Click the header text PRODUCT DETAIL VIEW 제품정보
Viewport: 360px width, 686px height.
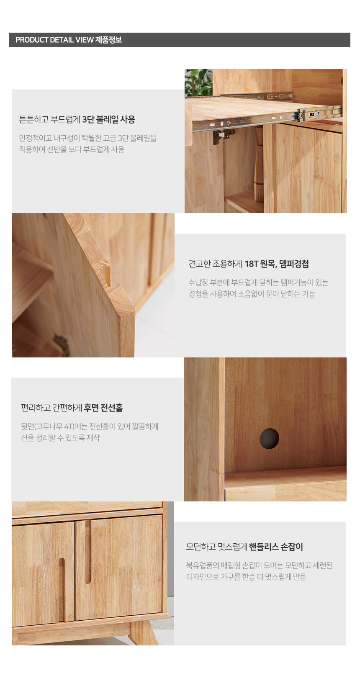pos(69,40)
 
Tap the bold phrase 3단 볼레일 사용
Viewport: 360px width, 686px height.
pos(109,119)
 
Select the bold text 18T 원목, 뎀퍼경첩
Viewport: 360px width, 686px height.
pos(277,264)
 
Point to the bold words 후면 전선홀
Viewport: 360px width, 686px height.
pos(103,408)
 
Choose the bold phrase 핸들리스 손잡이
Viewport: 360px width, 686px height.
pos(276,547)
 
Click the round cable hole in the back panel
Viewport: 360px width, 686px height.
pos(269,439)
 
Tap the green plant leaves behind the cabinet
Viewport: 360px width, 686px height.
pos(198,83)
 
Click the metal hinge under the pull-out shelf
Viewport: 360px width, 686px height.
pos(223,135)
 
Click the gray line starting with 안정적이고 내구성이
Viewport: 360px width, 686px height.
pos(88,138)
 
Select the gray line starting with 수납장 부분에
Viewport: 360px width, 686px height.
pos(258,283)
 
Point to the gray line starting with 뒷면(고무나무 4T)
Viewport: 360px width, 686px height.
pos(90,427)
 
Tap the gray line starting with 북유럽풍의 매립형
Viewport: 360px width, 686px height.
pos(259,565)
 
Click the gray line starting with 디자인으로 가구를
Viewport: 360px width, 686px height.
pos(246,577)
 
